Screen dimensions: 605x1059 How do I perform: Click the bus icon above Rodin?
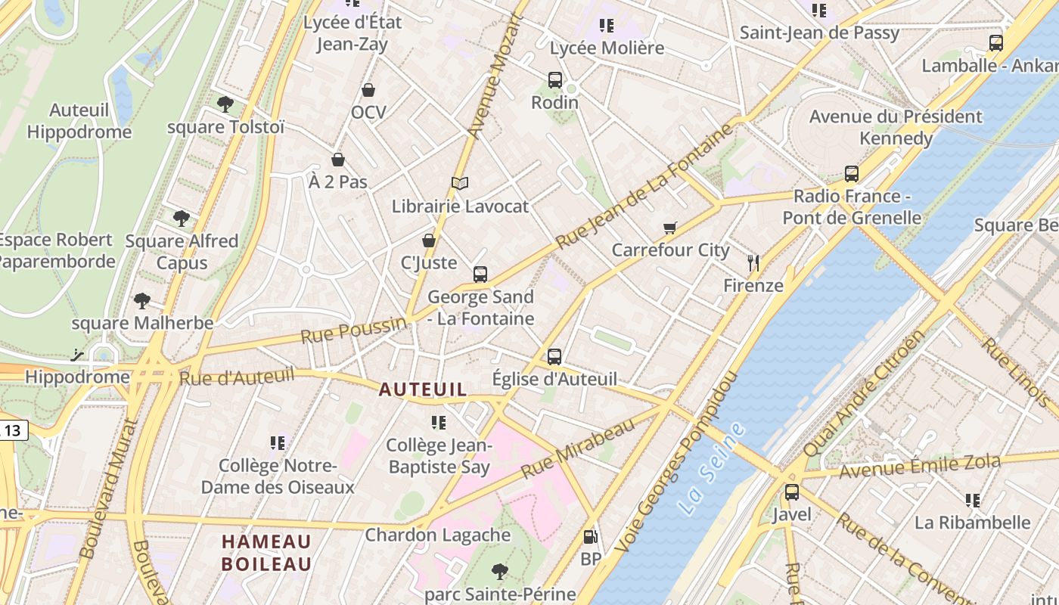coord(554,79)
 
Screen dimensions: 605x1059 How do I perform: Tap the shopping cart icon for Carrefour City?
coord(669,228)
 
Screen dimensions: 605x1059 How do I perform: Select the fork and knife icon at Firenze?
coord(753,263)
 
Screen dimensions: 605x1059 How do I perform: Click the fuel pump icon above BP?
coord(590,537)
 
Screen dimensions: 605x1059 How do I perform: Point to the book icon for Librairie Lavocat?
coord(460,183)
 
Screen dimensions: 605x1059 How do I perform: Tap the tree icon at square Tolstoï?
coord(225,104)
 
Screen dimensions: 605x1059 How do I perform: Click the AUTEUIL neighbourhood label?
coord(423,389)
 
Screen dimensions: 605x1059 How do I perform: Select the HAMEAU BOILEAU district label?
coord(266,553)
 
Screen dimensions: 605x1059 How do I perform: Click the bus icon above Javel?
coord(792,492)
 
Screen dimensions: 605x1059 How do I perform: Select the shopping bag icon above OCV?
coord(368,90)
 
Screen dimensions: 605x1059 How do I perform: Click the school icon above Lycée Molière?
coord(606,26)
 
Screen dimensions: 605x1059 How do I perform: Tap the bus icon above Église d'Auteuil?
coord(554,356)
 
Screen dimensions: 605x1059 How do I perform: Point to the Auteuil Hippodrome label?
coord(79,121)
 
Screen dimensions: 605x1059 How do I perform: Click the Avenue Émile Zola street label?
coord(920,466)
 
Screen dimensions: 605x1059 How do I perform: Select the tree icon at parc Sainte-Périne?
coord(499,571)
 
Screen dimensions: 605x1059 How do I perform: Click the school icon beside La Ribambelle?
coord(973,500)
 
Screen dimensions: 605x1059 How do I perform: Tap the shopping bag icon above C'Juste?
coord(429,240)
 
